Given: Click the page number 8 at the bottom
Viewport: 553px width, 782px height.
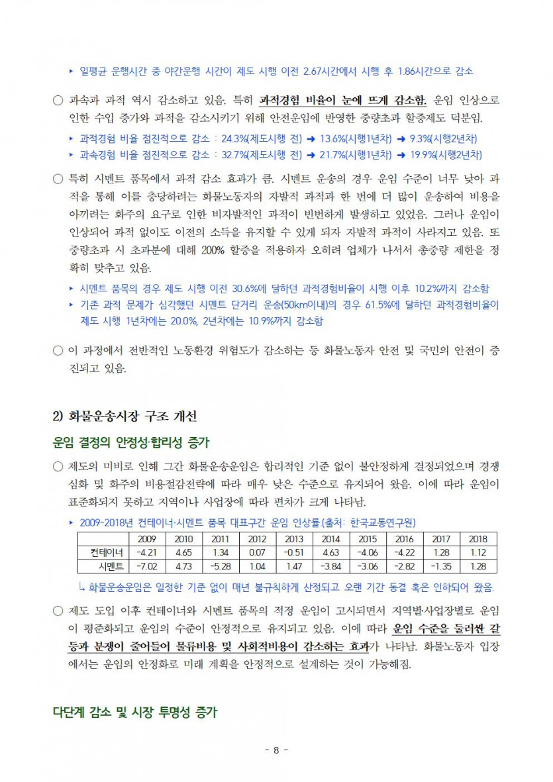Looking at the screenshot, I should pos(276,750).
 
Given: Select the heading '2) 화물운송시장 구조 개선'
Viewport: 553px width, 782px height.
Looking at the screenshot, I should pos(125,416).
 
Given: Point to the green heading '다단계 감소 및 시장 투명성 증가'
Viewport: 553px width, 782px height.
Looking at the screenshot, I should pos(135,712).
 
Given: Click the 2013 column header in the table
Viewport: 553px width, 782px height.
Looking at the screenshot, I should pos(293,539).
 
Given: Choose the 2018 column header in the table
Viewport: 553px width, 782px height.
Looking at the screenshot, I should pos(478,539).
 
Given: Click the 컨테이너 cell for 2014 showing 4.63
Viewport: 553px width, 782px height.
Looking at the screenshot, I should pos(330,553).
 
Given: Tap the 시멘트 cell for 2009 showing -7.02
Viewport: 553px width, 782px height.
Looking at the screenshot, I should pos(146,566).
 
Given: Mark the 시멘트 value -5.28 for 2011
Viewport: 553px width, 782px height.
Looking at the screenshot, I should pos(220,566).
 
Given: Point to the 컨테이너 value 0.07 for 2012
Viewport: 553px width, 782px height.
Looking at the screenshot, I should pos(257,553).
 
